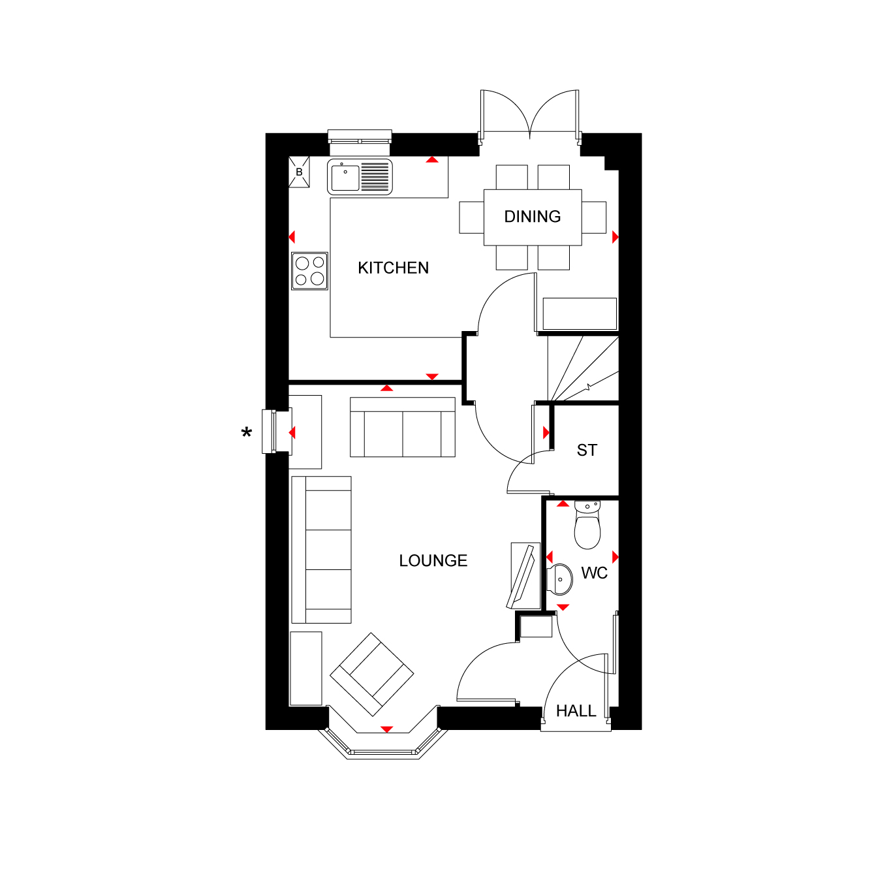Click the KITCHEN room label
[x=393, y=268]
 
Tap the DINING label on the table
[x=532, y=216]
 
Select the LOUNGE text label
[x=433, y=560]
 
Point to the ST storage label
[x=587, y=451]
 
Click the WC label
[x=594, y=573]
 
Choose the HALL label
[x=576, y=710]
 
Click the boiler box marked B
[x=299, y=172]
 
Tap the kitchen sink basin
[x=345, y=178]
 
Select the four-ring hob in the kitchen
[x=309, y=271]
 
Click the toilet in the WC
[x=587, y=525]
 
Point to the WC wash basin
[x=560, y=579]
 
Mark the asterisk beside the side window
[x=247, y=432]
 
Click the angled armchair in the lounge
[x=372, y=674]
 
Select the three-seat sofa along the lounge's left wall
[x=322, y=550]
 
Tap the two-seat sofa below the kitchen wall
[x=403, y=427]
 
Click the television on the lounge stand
[x=521, y=577]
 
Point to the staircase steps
[x=583, y=368]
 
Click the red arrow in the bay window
[x=386, y=729]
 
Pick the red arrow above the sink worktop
[x=431, y=159]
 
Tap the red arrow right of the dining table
[x=615, y=237]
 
